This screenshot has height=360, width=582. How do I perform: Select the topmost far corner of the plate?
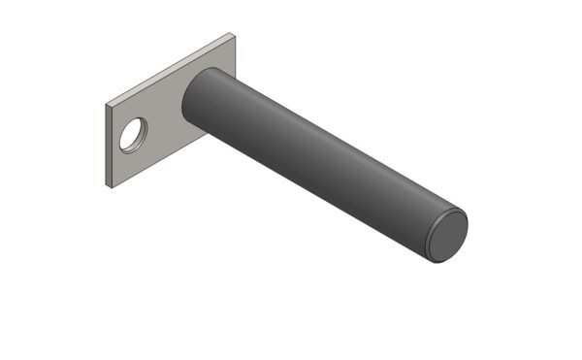pos(233,33)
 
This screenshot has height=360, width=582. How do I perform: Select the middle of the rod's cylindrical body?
pos(320,165)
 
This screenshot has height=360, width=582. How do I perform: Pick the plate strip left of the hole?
pos(113,141)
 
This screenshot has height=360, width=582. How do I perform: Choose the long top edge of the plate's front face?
pos(171,70)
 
